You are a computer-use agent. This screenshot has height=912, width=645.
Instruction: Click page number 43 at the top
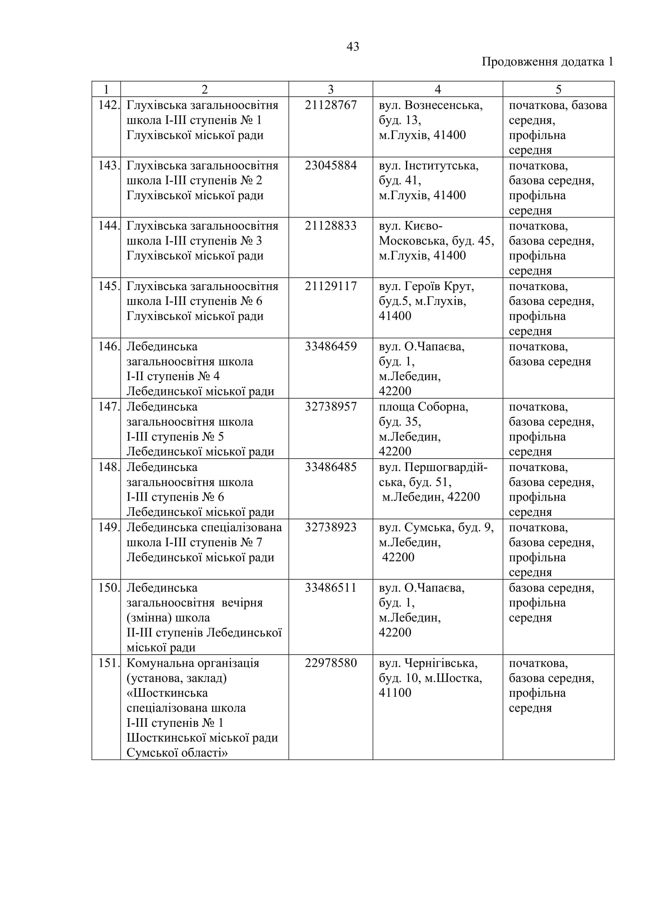tap(353, 47)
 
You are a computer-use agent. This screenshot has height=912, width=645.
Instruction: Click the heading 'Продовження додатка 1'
tap(547, 62)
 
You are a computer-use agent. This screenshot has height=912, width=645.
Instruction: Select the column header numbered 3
tap(330, 89)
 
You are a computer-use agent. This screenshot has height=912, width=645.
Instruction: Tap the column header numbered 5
tap(558, 89)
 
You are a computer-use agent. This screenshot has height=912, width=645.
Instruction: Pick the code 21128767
tap(330, 105)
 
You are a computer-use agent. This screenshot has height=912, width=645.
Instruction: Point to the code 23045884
tap(330, 166)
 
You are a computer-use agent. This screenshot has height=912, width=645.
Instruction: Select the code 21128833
tap(330, 226)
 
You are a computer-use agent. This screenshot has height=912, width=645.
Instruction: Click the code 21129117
tap(330, 287)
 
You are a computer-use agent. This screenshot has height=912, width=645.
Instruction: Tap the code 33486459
tap(330, 346)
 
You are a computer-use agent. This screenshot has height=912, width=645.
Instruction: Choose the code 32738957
tap(330, 407)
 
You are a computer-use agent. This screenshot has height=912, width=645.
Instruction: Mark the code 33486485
tap(330, 467)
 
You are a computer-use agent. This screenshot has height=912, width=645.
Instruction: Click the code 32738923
tap(330, 528)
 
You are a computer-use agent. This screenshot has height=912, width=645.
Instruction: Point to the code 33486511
tap(330, 588)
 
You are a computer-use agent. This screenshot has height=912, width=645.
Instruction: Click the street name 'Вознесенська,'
tap(443, 105)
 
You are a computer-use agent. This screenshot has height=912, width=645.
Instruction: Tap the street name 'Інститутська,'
tap(441, 166)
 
